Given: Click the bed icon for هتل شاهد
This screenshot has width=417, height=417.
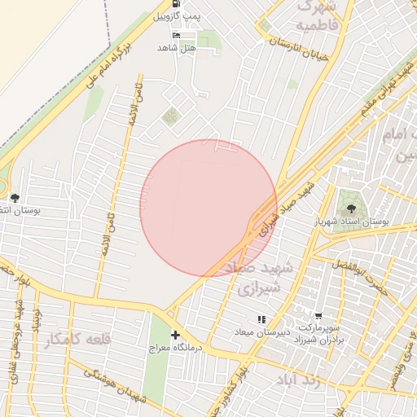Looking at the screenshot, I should tap(177, 36).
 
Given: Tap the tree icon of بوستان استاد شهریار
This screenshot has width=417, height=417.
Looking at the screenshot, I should tap(351, 208).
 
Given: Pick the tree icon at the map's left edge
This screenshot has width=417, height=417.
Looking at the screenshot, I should tap(14, 197).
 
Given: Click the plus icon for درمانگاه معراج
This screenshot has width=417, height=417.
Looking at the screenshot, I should tap(175, 335).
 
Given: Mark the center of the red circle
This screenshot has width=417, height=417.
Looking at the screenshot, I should tap(208, 208).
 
